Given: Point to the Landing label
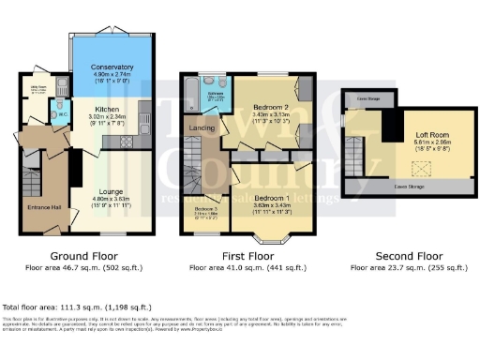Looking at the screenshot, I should coord(202,127).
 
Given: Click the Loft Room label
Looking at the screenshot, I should coord(432,135).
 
